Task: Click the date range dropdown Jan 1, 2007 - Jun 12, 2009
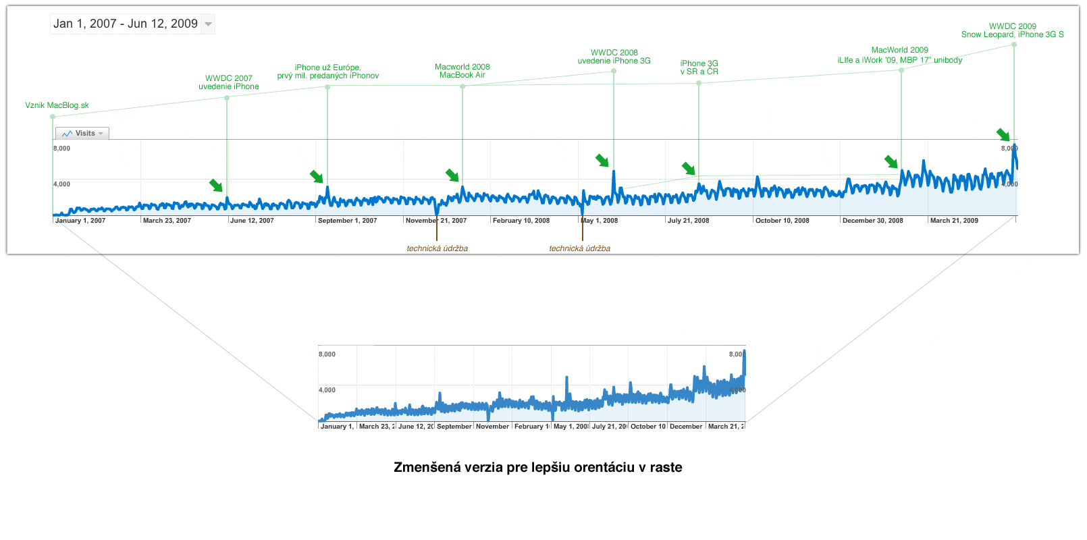pyautogui.click(x=132, y=24)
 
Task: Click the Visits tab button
pyautogui.click(x=82, y=134)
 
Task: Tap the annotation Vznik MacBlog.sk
pyautogui.click(x=57, y=105)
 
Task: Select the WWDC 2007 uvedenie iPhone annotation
pyautogui.click(x=229, y=82)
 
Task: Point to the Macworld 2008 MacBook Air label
pyautogui.click(x=462, y=71)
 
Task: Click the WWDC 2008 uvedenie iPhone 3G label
pyautogui.click(x=614, y=57)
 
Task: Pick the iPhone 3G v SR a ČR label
pyautogui.click(x=699, y=67)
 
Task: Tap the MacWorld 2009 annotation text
pyautogui.click(x=900, y=55)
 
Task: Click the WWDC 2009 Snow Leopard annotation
pyautogui.click(x=1012, y=30)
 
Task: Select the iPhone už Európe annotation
pyautogui.click(x=328, y=72)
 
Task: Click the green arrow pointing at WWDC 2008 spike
pyautogui.click(x=602, y=160)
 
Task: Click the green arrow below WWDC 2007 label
pyautogui.click(x=216, y=185)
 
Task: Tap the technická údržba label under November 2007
pyautogui.click(x=437, y=248)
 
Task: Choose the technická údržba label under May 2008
pyautogui.click(x=579, y=248)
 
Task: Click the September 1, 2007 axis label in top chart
pyautogui.click(x=347, y=221)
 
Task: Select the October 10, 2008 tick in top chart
pyautogui.click(x=782, y=221)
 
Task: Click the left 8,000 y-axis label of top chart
pyautogui.click(x=62, y=148)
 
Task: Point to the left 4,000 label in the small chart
pyautogui.click(x=327, y=390)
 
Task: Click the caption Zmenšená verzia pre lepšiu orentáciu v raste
pyautogui.click(x=537, y=467)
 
